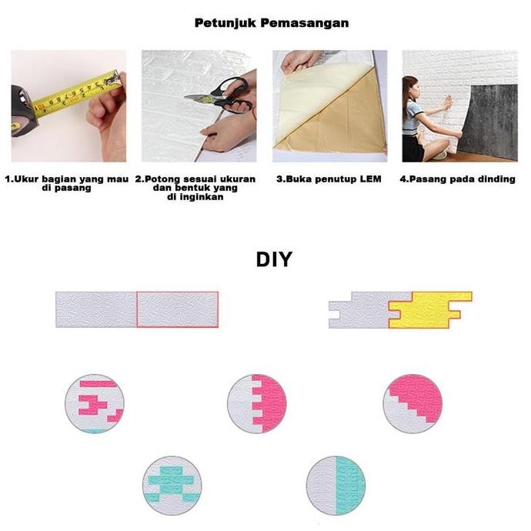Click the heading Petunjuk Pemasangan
pyautogui.click(x=271, y=23)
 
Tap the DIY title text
pyautogui.click(x=274, y=260)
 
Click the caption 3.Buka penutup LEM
pyautogui.click(x=329, y=179)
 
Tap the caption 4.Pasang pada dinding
pyautogui.click(x=457, y=179)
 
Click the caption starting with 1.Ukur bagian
pyautogui.click(x=68, y=183)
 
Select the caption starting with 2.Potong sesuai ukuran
pyautogui.click(x=195, y=188)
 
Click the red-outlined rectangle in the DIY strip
pyautogui.click(x=177, y=309)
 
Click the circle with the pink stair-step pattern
pyautogui.click(x=412, y=403)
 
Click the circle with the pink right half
pyautogui.click(x=257, y=403)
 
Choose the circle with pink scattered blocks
pyautogui.click(x=94, y=403)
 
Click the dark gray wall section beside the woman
pyautogui.click(x=489, y=115)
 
